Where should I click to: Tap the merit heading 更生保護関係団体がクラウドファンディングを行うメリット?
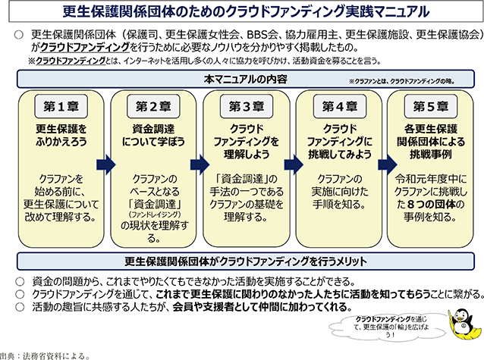pyautogui.click(x=241, y=261)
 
